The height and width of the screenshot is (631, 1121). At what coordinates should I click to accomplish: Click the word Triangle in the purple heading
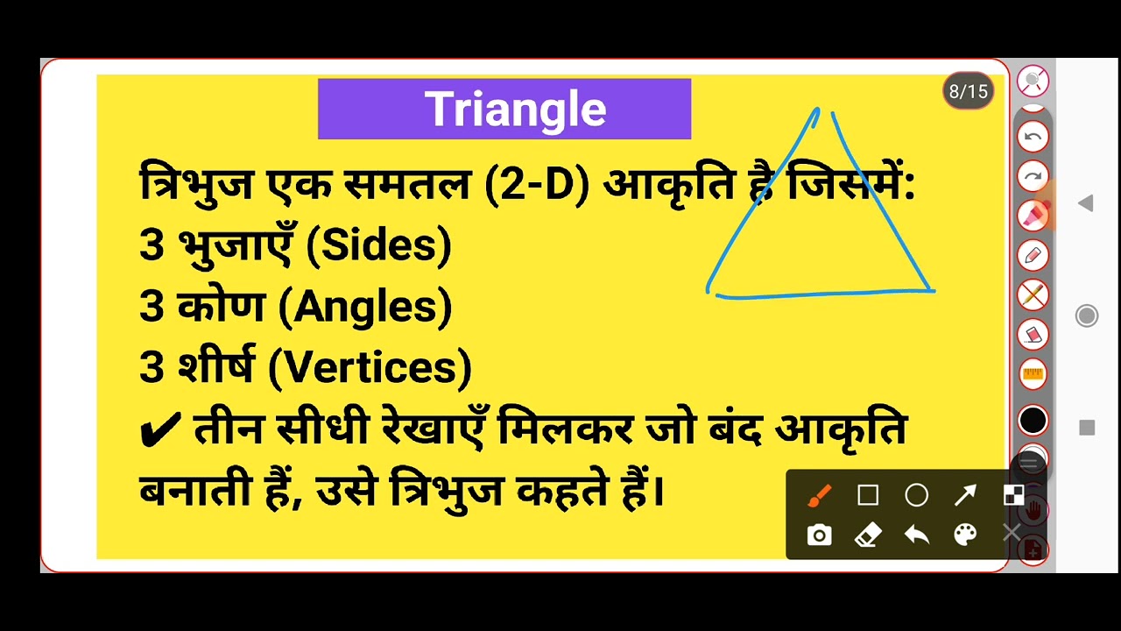pos(515,110)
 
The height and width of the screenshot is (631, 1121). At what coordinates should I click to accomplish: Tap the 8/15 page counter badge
pos(968,91)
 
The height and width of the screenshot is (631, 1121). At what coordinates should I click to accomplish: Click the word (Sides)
pos(378,246)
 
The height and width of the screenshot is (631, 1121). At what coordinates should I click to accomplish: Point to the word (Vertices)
pos(370,367)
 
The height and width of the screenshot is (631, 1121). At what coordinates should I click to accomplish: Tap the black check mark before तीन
pos(160,429)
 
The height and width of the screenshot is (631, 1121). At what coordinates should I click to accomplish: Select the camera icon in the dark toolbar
pos(819,535)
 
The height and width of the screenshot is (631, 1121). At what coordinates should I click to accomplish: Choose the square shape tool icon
pos(868,496)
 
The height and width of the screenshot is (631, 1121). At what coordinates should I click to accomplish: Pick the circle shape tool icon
pos(916,496)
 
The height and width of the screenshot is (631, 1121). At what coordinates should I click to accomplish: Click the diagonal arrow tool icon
pos(965,496)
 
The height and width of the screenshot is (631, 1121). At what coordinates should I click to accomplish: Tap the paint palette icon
pos(965,535)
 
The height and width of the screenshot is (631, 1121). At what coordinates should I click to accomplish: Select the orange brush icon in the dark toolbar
pos(819,496)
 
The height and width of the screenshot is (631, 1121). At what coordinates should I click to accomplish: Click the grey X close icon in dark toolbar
pos(1012,534)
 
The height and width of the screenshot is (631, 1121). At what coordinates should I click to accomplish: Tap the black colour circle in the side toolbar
pos(1033,421)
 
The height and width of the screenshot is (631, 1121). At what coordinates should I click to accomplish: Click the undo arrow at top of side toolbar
pos(1033,137)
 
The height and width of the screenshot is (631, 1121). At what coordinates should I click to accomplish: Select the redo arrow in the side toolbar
pos(1033,176)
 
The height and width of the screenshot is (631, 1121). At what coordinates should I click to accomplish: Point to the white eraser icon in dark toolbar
pos(867,535)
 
